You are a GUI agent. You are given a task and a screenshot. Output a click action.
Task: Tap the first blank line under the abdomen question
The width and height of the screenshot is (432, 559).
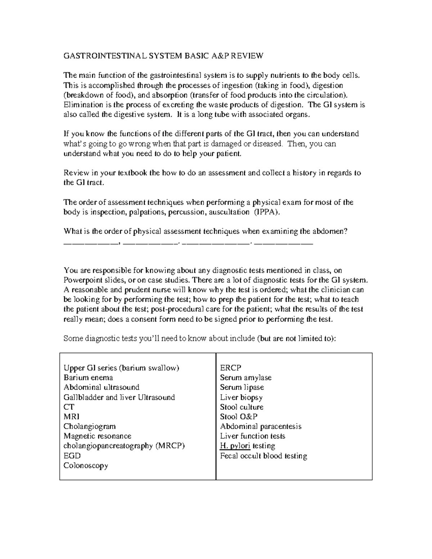tap(90, 244)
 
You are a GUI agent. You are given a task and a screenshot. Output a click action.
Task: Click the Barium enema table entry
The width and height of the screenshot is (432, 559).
tap(88, 378)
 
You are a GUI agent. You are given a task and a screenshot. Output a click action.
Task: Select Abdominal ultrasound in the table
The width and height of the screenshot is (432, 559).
tap(101, 387)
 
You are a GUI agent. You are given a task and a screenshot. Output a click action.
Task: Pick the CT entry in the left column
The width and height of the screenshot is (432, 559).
tap(69, 407)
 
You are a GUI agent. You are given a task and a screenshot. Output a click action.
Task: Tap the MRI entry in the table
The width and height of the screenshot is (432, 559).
tap(71, 417)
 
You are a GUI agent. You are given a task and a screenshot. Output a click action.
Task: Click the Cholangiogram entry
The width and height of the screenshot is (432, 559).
tap(90, 427)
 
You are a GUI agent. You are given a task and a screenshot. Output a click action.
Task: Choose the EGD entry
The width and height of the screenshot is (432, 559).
tap(72, 456)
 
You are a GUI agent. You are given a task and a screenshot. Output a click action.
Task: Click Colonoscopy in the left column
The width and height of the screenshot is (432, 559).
tap(86, 465)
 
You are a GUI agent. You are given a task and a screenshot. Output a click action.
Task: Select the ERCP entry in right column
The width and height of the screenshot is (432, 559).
tap(230, 368)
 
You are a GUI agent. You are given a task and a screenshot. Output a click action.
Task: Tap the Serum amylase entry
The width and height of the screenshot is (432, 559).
tap(246, 378)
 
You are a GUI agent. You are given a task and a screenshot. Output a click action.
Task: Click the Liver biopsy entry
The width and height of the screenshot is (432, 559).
tap(241, 397)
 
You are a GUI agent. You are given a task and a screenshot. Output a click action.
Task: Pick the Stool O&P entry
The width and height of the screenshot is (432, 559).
tap(239, 417)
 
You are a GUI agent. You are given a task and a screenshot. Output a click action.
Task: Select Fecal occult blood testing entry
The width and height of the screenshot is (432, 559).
tap(264, 456)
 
